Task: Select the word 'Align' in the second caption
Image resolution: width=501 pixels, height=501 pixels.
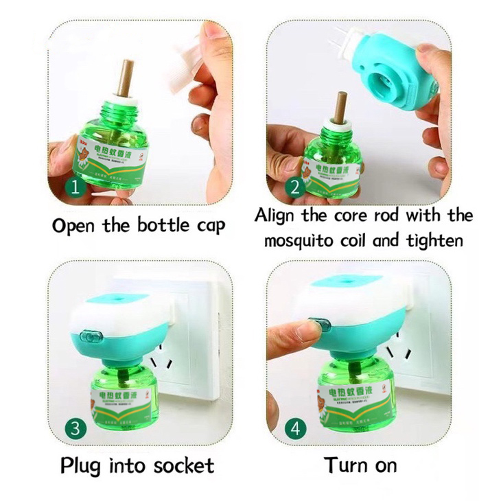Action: [277, 215]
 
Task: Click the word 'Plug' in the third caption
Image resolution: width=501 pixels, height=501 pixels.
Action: [82, 466]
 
